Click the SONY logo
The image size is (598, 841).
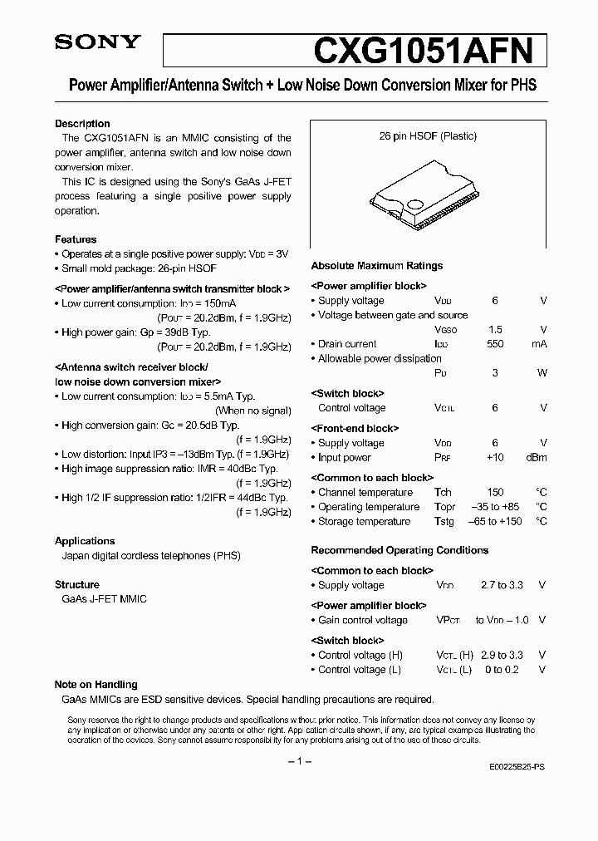[x=86, y=42]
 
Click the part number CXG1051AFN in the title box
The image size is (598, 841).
[x=428, y=50]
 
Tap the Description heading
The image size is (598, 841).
[x=82, y=124]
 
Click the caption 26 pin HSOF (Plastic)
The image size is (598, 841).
[x=428, y=136]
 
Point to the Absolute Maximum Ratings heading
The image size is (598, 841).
[x=376, y=266]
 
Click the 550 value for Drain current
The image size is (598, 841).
[x=495, y=344]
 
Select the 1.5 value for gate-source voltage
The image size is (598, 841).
[x=495, y=330]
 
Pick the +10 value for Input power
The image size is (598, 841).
[x=495, y=458]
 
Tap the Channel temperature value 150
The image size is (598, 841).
[x=495, y=493]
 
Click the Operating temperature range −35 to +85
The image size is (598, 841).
[x=495, y=507]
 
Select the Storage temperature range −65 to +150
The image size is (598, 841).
[x=495, y=522]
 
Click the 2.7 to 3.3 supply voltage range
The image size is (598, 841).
[x=502, y=585]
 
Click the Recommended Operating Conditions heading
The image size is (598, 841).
[x=399, y=550]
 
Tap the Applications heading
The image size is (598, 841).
[x=85, y=541]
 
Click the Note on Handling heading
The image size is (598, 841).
[x=96, y=685]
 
